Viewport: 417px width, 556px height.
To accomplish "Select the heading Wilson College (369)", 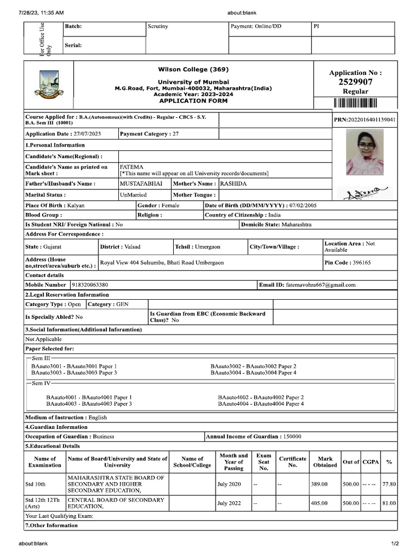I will coord(193,69).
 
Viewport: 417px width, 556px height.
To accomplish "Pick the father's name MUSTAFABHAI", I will coord(141,184).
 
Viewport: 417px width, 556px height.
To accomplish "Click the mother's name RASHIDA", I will coord(233,184).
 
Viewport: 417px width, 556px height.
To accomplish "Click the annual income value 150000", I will coord(292,437).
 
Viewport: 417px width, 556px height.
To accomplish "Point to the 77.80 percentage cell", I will coord(388,484).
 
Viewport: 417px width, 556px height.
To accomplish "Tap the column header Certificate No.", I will coord(293,462).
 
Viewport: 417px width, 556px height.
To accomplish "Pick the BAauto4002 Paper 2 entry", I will coord(261,397).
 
